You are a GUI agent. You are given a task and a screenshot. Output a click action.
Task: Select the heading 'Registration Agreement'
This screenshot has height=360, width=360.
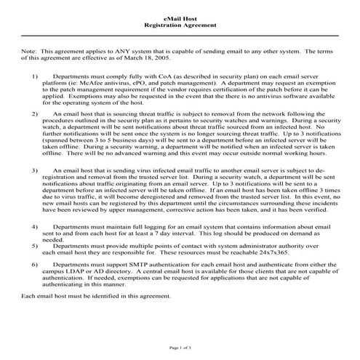180,25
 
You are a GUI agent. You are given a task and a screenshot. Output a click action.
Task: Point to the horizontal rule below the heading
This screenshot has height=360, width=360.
180,36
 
